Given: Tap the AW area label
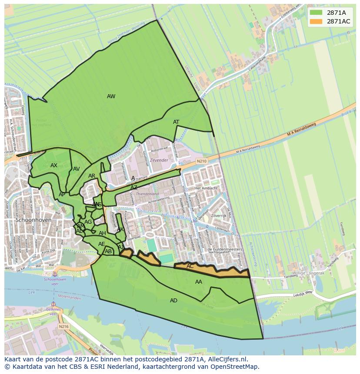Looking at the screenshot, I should [111, 96].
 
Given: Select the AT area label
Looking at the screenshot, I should [176, 122].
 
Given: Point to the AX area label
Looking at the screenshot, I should [54, 165].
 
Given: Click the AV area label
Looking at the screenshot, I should [77, 169].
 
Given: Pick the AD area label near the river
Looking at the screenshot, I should [173, 301].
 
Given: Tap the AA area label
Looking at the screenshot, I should [199, 282].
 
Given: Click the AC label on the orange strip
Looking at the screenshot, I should [190, 266].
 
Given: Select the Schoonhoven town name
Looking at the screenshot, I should [33, 220].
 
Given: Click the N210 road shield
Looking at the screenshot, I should [202, 161].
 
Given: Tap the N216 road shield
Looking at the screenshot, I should [64, 326].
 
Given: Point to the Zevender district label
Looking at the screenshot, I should [159, 160].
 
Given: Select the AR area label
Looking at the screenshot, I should [92, 176].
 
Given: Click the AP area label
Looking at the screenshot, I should [62, 195].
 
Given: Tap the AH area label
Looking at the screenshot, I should [102, 233].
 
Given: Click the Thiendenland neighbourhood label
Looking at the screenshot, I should [147, 194].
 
